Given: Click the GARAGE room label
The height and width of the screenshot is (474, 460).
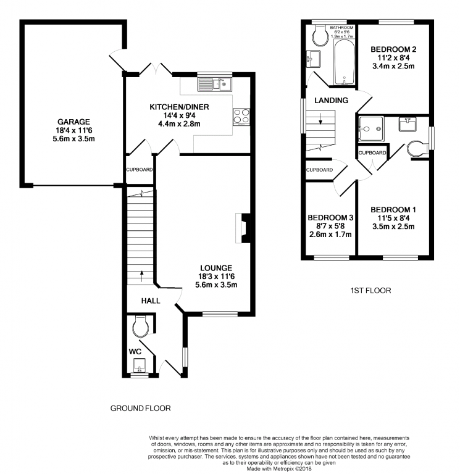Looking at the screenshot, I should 74,122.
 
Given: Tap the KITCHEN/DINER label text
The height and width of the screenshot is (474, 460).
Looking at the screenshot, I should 179,107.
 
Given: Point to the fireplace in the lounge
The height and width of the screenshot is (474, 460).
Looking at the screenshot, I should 243,226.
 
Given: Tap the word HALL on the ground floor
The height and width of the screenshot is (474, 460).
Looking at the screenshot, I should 151,301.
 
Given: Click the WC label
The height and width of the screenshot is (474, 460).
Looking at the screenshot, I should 135,351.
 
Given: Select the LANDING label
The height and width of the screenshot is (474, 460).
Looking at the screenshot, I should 331,100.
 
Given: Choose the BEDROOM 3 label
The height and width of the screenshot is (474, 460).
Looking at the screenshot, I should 330,217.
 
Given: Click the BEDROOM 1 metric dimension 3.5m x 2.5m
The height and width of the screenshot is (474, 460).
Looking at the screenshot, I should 393,227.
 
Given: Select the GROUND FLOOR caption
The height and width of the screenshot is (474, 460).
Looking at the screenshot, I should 140,409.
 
